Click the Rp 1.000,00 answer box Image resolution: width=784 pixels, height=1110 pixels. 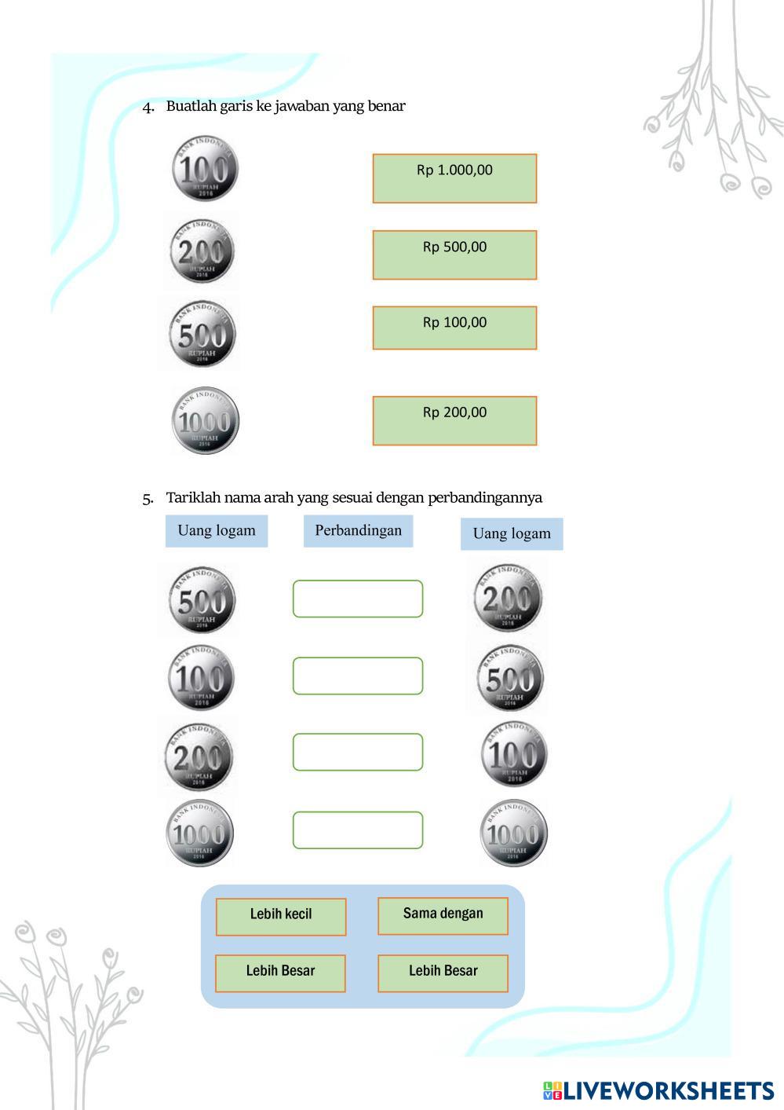(x=454, y=178)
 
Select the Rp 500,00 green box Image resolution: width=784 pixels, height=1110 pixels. (x=454, y=255)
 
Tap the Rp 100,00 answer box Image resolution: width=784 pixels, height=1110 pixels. (x=454, y=328)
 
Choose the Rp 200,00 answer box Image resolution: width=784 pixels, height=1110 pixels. (x=454, y=420)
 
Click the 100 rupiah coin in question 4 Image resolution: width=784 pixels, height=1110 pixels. (x=205, y=169)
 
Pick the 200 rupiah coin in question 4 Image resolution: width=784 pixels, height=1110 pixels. (x=202, y=251)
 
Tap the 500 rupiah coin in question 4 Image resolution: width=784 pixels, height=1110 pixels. (x=202, y=334)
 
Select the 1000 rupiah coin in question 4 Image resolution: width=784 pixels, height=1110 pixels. (x=205, y=421)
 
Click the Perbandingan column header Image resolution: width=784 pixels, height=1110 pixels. (x=358, y=530)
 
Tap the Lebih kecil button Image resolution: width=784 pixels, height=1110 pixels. (x=281, y=917)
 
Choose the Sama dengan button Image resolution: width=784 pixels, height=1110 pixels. (x=443, y=916)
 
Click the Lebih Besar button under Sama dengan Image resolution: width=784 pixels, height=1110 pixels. (x=443, y=973)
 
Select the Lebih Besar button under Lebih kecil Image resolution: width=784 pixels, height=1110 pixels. (x=280, y=973)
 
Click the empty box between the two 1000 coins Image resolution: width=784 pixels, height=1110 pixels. (x=358, y=830)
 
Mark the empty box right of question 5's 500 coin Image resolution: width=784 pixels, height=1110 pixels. (x=358, y=599)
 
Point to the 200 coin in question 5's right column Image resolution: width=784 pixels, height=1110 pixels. (x=508, y=598)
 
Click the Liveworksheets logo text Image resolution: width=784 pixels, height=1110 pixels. (x=668, y=1090)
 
